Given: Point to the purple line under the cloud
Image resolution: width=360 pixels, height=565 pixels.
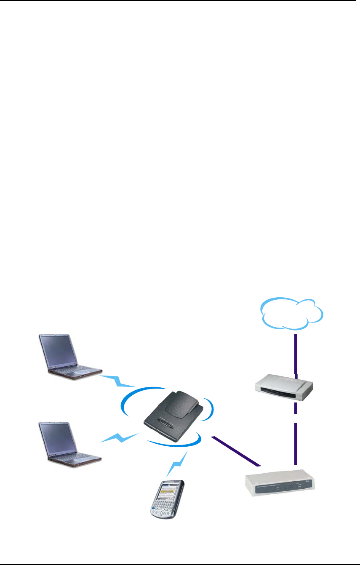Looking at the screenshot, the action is point(296,354).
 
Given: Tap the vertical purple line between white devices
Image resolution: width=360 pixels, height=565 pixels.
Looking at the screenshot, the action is point(295,442).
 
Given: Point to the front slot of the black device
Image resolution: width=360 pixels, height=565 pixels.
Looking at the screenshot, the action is point(166,422).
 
